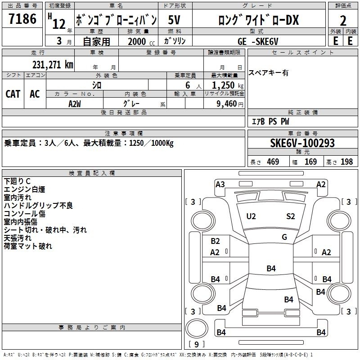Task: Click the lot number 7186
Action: tap(22, 19)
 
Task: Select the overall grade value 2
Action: tap(343, 21)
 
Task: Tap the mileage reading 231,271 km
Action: tap(53, 64)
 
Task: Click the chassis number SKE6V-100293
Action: tap(302, 143)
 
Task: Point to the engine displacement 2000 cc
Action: tap(141, 41)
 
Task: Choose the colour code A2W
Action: tap(75, 104)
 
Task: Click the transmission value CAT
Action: tap(13, 94)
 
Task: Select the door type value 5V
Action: tap(174, 20)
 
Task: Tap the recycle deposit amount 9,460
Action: tap(227, 103)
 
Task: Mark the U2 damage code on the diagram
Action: tap(251, 216)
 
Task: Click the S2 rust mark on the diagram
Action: tap(290, 216)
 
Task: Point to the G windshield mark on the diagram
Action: tap(284, 237)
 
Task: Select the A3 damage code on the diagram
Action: tap(220, 184)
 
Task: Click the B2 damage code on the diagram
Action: tap(215, 241)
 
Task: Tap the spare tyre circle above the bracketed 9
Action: tap(197, 328)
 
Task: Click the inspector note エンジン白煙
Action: tap(24, 189)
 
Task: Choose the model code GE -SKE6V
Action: tap(258, 41)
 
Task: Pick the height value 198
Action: tap(346, 162)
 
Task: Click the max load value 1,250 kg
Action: tap(228, 85)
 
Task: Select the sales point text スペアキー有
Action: tap(268, 73)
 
